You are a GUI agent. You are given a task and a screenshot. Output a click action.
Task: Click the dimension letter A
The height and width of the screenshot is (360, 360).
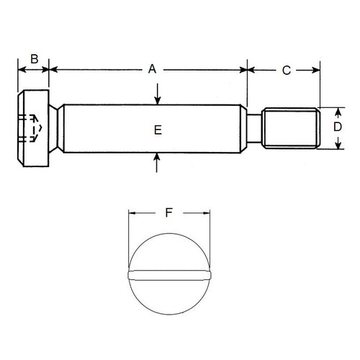click(152, 70)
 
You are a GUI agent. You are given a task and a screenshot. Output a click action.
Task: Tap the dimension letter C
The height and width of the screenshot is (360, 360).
click(286, 70)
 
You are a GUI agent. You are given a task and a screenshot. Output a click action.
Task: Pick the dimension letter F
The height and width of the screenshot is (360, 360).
click(168, 212)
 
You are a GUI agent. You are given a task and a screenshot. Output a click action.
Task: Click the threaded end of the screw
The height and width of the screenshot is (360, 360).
click(290, 128)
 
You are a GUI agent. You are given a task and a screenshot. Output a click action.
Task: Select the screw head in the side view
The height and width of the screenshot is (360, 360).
click(32, 128)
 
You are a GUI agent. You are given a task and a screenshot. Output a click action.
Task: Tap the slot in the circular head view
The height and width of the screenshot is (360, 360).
click(168, 274)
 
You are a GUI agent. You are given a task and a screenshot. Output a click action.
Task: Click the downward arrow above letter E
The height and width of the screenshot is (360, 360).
click(158, 96)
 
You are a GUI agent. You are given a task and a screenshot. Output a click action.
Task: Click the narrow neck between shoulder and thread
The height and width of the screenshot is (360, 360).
click(254, 128)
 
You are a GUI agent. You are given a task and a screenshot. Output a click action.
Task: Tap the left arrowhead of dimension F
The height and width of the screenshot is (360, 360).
click(132, 213)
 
